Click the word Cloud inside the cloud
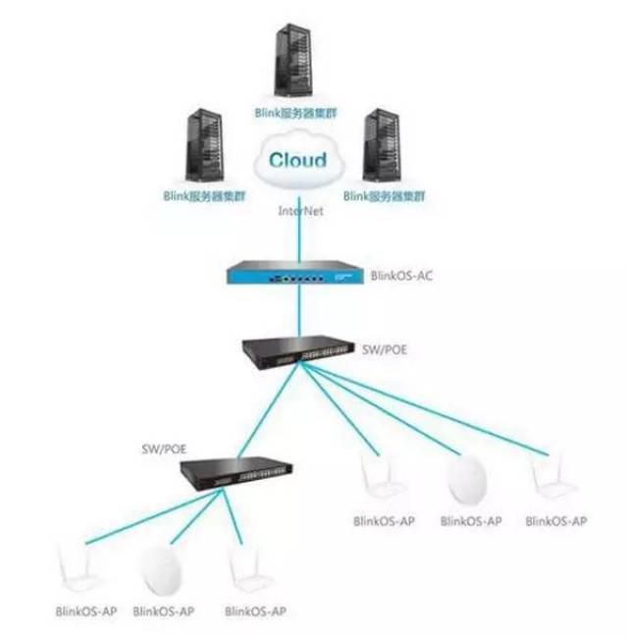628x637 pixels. point(298,160)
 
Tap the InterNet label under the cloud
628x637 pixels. point(298,209)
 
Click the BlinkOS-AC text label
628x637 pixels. point(401,276)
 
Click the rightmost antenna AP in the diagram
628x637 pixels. point(549,478)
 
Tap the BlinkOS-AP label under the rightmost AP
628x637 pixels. point(556,520)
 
